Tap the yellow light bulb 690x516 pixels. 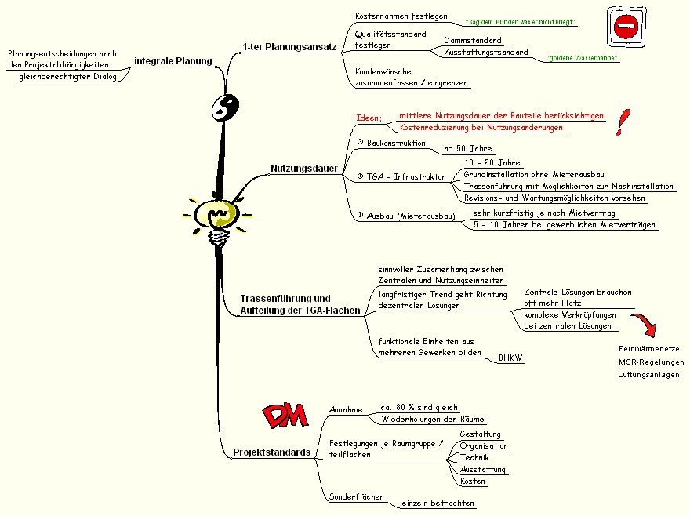[x=217, y=215]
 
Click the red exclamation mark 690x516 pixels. [x=623, y=124]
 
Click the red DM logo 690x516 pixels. [x=283, y=416]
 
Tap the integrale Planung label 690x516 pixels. [x=173, y=60]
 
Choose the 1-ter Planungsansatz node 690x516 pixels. [x=289, y=47]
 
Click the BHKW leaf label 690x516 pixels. [x=510, y=358]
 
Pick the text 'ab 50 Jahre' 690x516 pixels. [x=468, y=148]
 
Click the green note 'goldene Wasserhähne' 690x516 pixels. [x=582, y=58]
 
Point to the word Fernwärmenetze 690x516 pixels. [x=648, y=348]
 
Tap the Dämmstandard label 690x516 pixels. [x=473, y=39]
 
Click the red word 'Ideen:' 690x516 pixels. [x=369, y=118]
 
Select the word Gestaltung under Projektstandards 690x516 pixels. [x=480, y=434]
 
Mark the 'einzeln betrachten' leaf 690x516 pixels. [x=438, y=503]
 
